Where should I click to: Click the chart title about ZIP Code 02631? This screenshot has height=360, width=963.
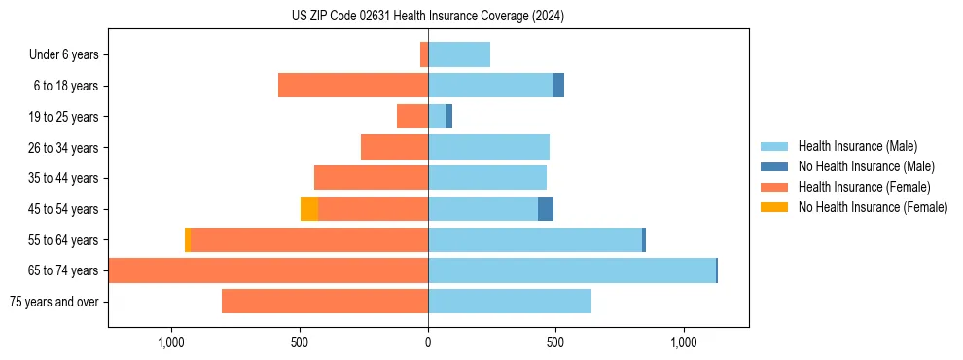[427, 16]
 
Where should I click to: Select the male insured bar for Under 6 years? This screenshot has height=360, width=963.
[459, 54]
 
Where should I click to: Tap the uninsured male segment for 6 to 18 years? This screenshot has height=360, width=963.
[559, 86]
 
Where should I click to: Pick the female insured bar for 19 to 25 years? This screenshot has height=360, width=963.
[412, 117]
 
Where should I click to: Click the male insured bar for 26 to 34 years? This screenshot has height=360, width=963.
[488, 147]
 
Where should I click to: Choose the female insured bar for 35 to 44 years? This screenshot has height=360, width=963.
[371, 178]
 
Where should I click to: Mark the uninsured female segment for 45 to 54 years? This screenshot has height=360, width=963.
[309, 209]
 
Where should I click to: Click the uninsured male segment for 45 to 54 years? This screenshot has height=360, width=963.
[546, 209]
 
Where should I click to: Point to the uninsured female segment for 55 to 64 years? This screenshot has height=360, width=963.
[188, 240]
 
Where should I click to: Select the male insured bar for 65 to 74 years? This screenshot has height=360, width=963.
[572, 270]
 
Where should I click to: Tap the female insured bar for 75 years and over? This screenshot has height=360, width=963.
[325, 302]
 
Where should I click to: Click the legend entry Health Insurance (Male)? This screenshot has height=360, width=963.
[857, 146]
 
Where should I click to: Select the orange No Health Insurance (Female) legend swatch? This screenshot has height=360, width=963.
[774, 207]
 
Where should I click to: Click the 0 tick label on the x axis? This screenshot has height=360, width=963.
[428, 342]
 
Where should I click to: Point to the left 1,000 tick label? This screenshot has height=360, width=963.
[171, 342]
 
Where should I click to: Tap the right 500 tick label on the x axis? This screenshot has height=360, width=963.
[555, 342]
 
